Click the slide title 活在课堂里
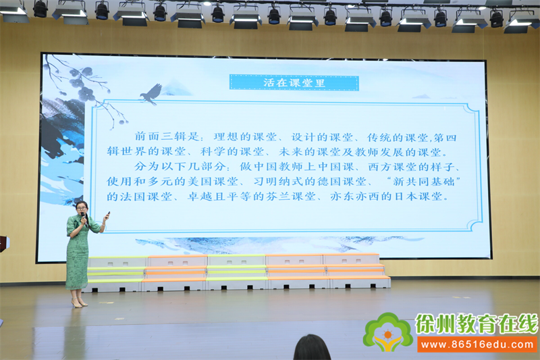coord(294,82)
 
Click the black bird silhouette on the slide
coord(151,94)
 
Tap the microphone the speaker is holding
coord(83,217)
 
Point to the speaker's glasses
coord(82,208)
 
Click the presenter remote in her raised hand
coord(108,215)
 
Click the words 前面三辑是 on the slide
coord(167,136)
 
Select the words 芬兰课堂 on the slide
coord(291,197)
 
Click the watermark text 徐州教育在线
coord(477,324)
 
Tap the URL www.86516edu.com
coord(477,344)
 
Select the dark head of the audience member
coord(312,348)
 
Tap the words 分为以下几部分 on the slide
coord(180,167)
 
